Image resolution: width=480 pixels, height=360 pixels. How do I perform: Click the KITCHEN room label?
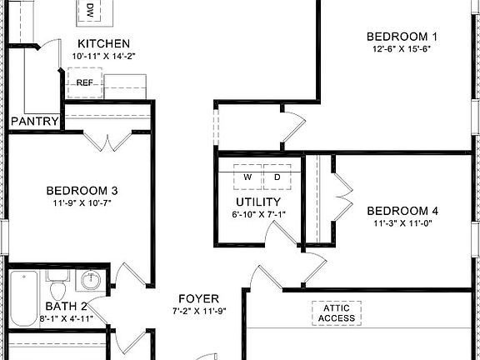tap(103, 43)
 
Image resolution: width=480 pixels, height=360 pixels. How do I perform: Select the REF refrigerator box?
tap(85, 82)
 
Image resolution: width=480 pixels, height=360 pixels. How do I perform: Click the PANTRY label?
tap(34, 122)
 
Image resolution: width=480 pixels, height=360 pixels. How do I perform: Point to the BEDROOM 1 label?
tap(402, 36)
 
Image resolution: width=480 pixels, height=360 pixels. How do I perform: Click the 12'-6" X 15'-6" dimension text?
tap(402, 48)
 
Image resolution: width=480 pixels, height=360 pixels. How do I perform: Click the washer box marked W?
tap(247, 177)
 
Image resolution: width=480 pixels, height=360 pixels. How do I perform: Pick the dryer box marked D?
tap(277, 177)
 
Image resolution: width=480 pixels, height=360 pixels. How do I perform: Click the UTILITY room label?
tap(257, 202)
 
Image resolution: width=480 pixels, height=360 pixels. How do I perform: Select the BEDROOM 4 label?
tap(402, 210)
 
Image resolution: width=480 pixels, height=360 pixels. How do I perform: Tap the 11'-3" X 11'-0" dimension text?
tap(402, 222)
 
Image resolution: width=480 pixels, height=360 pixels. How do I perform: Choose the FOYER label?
tap(198, 298)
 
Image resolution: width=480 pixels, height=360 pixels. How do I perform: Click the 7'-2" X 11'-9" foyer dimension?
tap(198, 311)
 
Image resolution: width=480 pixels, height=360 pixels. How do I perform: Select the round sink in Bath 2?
tap(94, 280)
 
